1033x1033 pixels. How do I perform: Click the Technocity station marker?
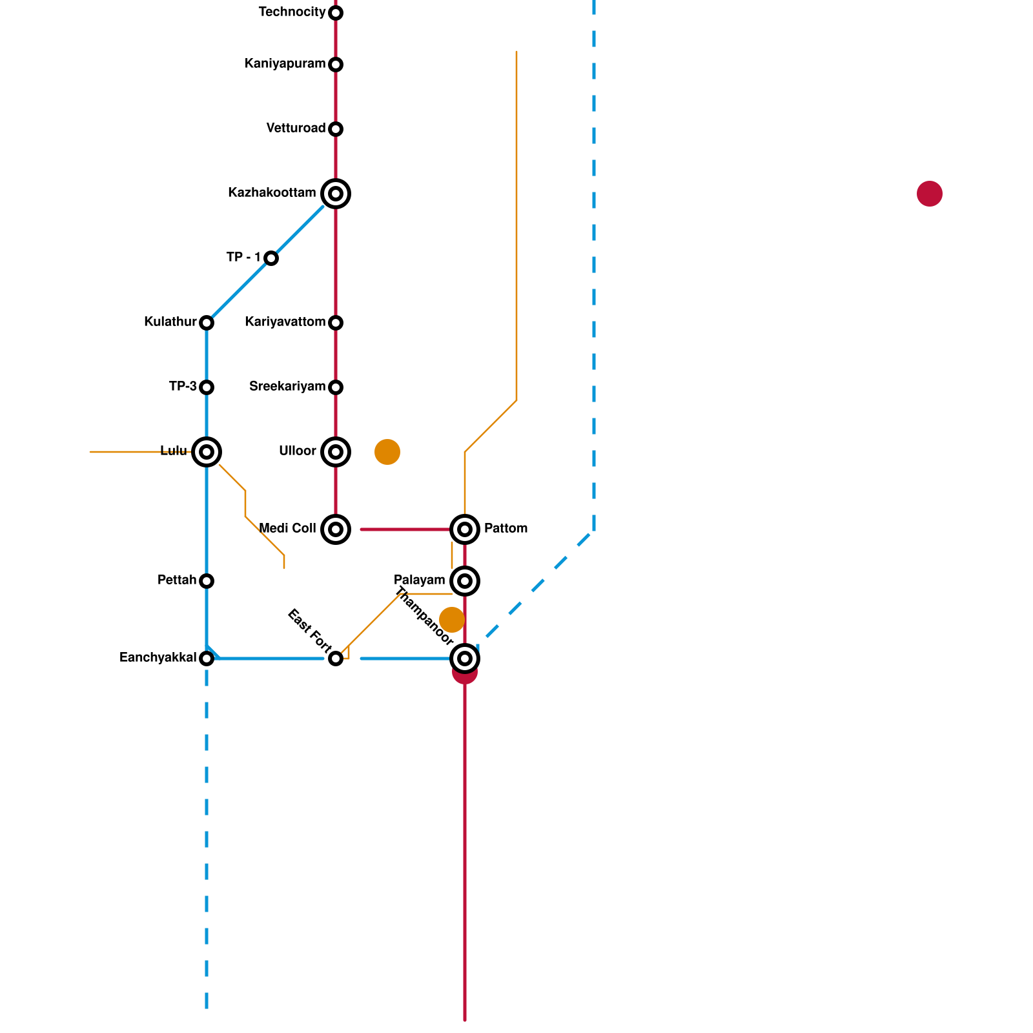336,13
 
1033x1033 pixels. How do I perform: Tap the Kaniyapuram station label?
285,64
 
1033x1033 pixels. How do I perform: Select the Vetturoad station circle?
336,129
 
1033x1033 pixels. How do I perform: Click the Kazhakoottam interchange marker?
336,194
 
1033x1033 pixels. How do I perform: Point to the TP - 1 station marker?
271,258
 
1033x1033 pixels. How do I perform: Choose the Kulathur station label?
170,322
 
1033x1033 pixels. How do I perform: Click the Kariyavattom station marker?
336,323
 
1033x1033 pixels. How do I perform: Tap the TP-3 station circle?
207,387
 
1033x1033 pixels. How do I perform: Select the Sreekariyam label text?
287,387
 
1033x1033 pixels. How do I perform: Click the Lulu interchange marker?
207,452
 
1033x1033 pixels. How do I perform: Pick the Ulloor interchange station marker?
336,452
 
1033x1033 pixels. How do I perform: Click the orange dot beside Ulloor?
387,452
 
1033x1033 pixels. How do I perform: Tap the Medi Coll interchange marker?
336,529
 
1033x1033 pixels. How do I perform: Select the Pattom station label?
506,529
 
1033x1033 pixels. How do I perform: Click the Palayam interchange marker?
465,581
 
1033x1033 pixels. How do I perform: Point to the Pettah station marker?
207,581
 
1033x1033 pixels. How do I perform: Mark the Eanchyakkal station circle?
207,659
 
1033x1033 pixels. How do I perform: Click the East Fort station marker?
336,659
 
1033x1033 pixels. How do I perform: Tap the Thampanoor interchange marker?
465,659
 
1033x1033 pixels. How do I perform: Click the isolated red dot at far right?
930,194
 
